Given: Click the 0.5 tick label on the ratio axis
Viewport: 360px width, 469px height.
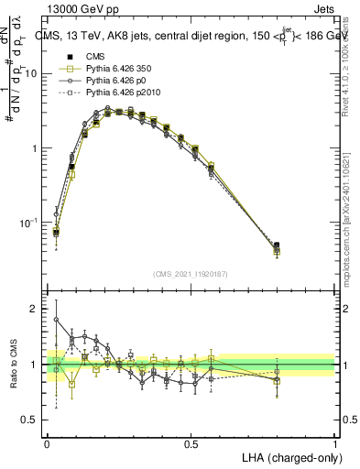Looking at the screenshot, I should coord(33,420).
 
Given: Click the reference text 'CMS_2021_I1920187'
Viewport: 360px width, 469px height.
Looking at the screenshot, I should coord(191,272).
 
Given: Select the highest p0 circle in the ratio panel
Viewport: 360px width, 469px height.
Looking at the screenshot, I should coord(56,320).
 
